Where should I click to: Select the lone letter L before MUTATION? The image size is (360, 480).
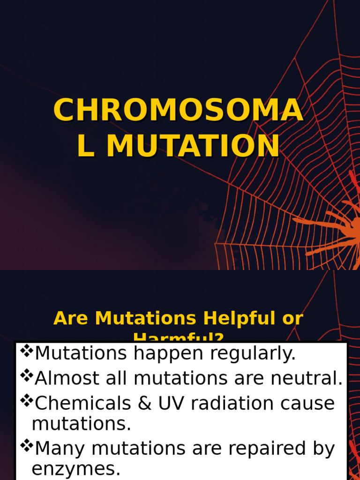coord(85,146)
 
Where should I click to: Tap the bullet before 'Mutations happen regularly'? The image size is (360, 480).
coord(26,349)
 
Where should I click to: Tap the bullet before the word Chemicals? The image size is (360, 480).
coord(26,399)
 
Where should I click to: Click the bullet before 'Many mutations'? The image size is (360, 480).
coord(26,445)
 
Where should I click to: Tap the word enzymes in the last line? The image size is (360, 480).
coord(76,469)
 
